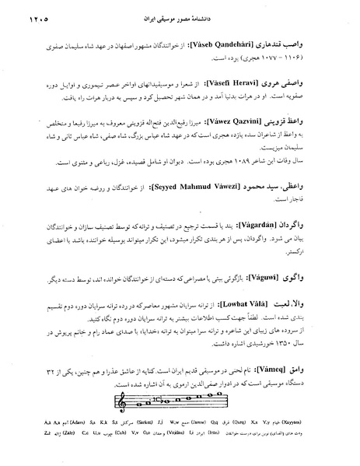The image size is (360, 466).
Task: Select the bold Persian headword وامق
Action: coord(320,389)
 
